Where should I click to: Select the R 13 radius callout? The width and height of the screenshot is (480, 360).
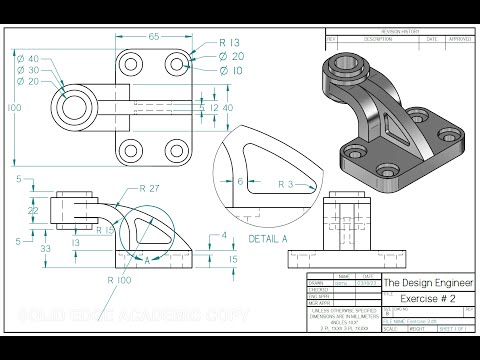(230, 43)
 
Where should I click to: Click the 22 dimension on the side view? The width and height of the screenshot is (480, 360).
(32, 212)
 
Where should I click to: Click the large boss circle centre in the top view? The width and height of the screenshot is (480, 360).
(76, 106)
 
